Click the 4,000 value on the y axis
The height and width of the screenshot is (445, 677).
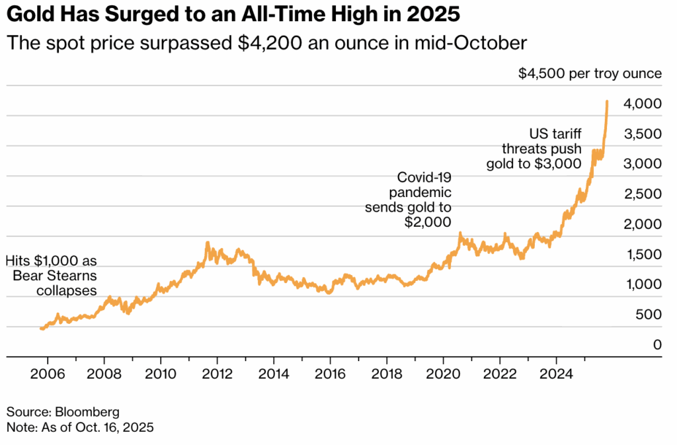tap(642, 104)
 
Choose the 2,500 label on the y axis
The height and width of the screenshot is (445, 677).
tap(642, 194)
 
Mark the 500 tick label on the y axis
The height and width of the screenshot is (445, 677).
tap(648, 314)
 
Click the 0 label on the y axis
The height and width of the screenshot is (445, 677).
tap(657, 344)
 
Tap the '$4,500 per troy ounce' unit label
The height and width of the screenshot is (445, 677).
tap(590, 73)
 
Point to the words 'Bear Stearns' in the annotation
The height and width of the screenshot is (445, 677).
tap(55, 275)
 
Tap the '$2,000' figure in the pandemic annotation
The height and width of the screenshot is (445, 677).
tap(428, 223)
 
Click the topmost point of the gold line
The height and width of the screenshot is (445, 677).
tap(607, 101)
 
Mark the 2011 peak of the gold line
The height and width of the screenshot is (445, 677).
tap(207, 243)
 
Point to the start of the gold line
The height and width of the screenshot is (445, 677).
tap(40, 328)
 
